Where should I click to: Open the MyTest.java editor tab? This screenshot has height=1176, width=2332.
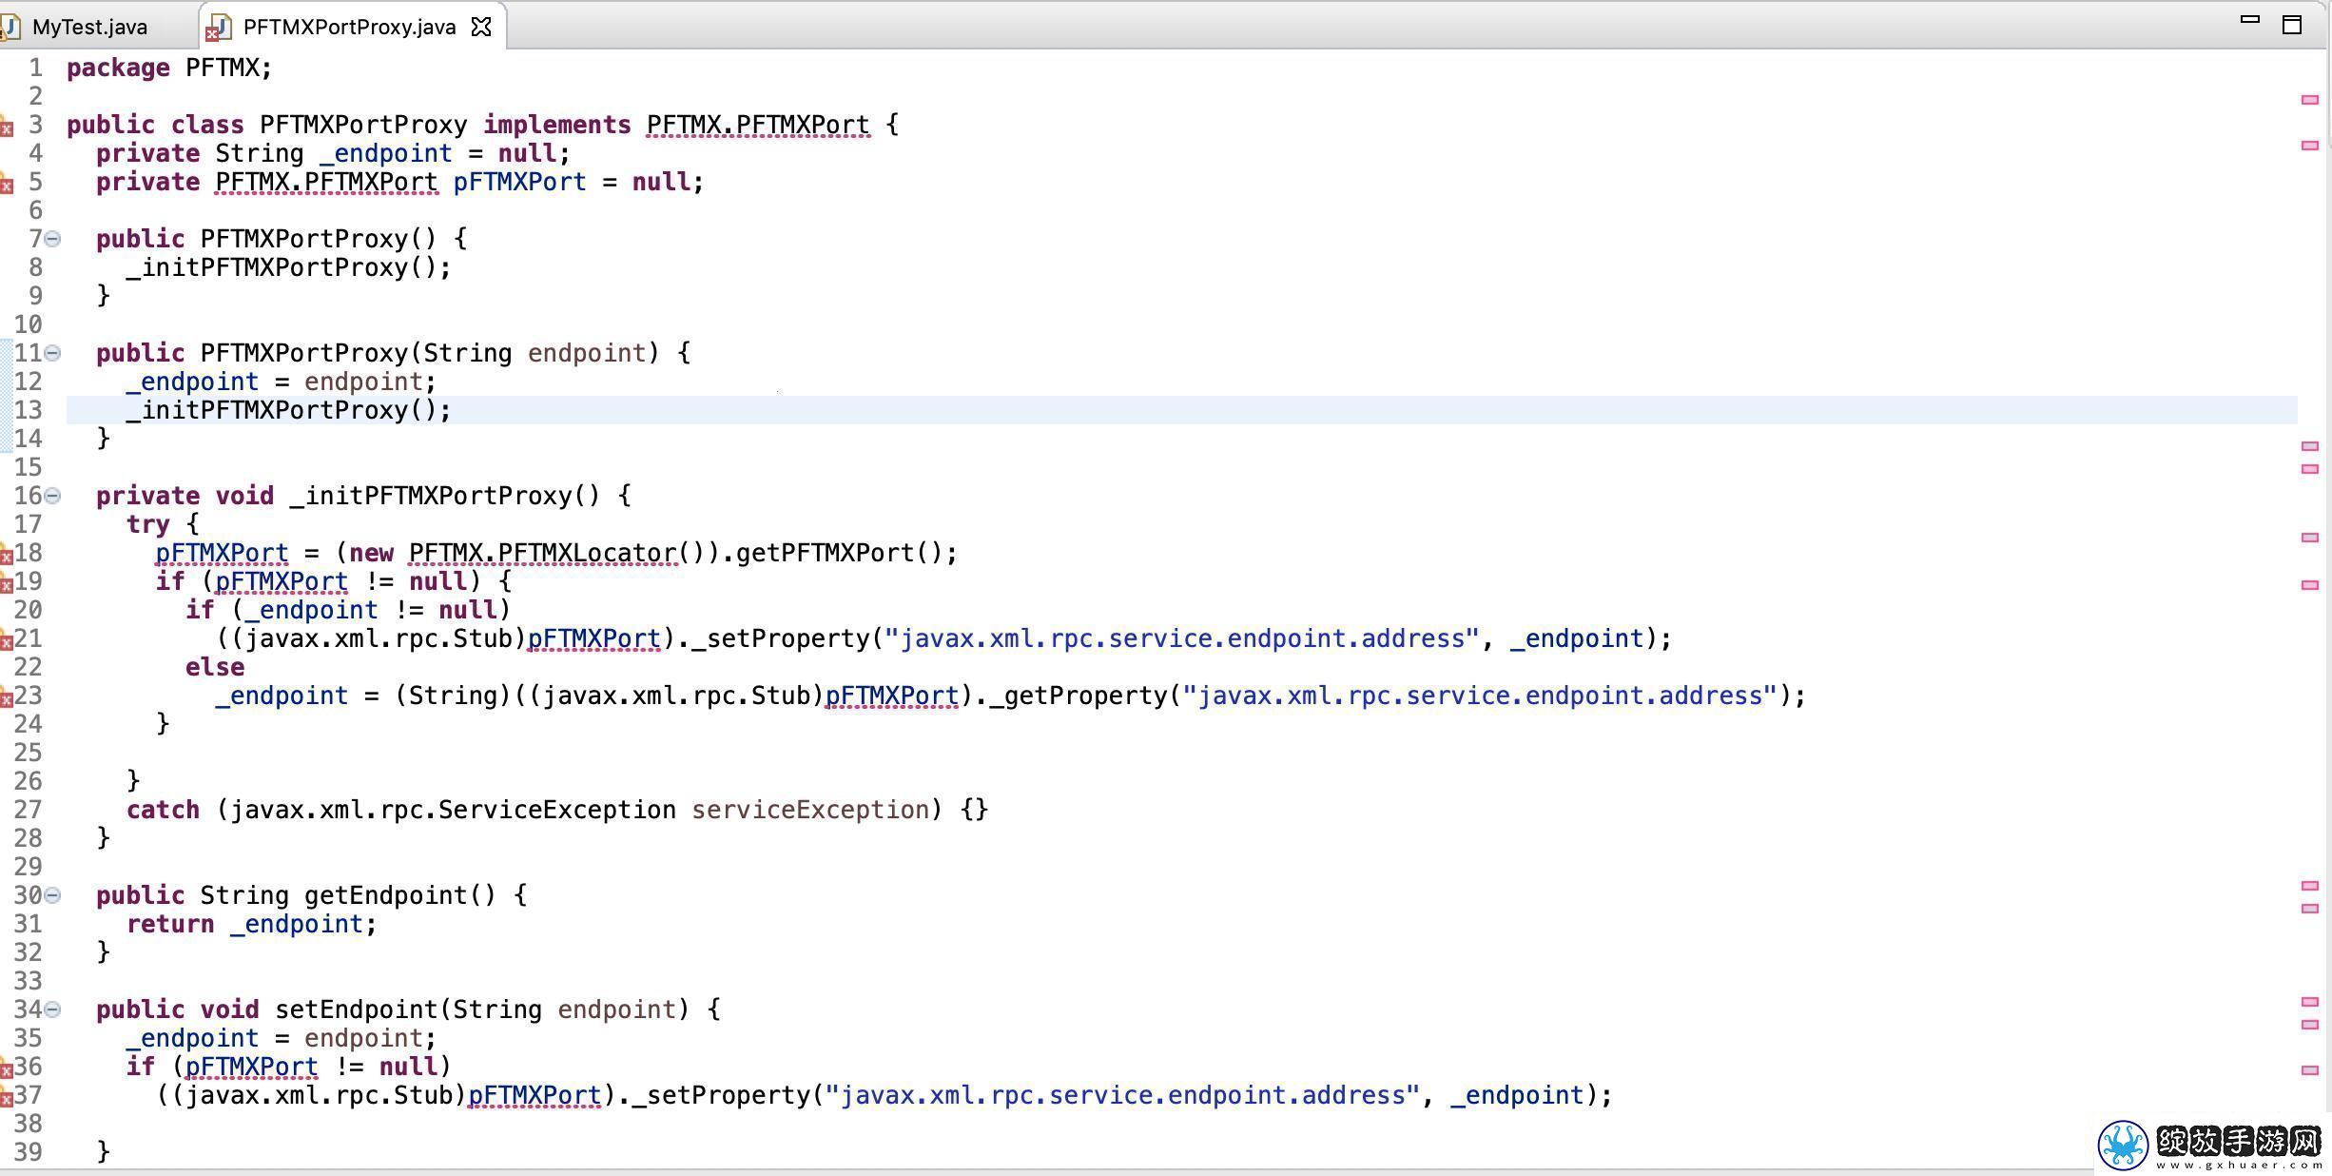tap(89, 27)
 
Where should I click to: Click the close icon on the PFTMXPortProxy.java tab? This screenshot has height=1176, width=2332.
tap(482, 27)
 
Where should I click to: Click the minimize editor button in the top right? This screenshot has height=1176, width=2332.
tap(2249, 19)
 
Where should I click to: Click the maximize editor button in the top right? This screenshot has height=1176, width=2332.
tap(2292, 24)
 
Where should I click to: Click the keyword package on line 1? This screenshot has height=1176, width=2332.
tap(118, 69)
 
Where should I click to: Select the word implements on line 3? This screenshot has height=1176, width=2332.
tap(556, 125)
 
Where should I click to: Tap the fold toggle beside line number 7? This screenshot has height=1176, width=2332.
tap(53, 239)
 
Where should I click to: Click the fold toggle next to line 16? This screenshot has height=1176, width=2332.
tap(53, 496)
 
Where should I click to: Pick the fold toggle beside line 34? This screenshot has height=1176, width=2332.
tap(53, 1009)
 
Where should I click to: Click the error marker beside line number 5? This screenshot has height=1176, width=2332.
tap(6, 184)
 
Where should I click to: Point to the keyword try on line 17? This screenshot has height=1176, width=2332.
tap(147, 524)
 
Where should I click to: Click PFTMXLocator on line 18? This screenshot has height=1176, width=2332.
tap(587, 553)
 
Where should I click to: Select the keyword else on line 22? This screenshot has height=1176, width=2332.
tap(215, 667)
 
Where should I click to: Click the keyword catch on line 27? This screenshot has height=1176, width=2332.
tap(163, 810)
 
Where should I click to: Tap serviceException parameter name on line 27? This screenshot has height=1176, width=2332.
tap(810, 810)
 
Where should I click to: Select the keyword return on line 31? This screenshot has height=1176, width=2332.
tap(170, 924)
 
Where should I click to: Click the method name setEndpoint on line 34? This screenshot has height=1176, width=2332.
tap(356, 1009)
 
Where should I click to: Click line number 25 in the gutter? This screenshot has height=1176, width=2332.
tap(28, 753)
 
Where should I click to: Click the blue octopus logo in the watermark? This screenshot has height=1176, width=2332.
tap(2123, 1145)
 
